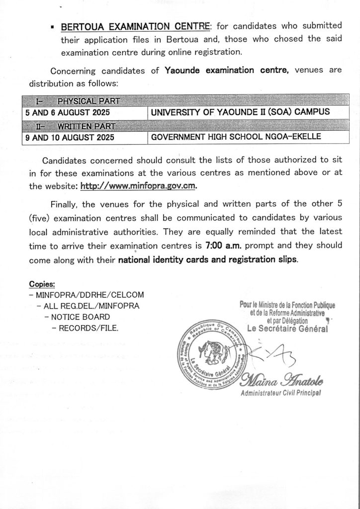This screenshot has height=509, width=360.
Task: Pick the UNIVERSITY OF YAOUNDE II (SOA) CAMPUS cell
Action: [x=240, y=112]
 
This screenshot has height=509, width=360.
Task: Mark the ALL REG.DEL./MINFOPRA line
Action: [x=88, y=306]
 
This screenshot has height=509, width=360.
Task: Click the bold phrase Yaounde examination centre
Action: [x=227, y=70]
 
